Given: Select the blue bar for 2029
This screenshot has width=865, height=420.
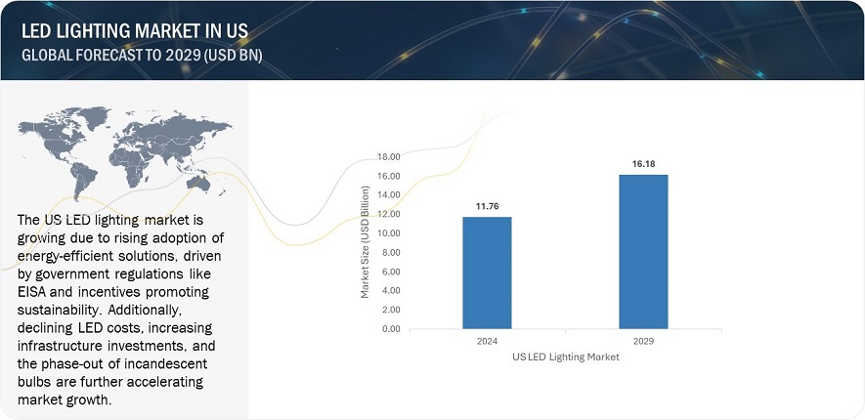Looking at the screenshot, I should [x=643, y=251].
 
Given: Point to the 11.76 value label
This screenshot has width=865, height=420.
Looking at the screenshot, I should [x=487, y=205].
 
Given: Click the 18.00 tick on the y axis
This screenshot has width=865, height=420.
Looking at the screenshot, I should [x=389, y=156].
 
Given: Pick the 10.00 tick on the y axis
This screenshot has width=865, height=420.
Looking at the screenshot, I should [x=389, y=232].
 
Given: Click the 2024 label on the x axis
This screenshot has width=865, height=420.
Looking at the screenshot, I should [x=487, y=342].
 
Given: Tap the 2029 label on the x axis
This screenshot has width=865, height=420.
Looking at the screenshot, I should [x=643, y=342].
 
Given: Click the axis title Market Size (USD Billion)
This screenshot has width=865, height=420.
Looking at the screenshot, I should [x=366, y=242].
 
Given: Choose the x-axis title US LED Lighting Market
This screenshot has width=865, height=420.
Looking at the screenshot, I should [x=565, y=357].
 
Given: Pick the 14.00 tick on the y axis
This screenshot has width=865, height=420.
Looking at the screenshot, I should [x=389, y=194].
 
